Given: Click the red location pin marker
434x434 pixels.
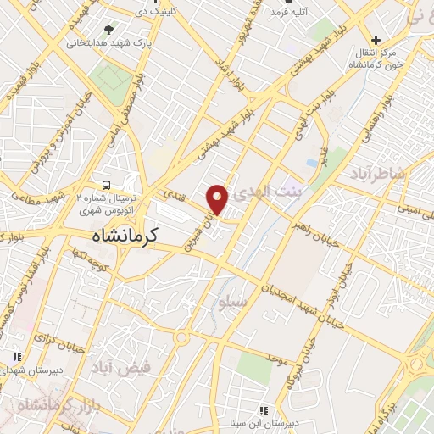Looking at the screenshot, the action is tap(218, 198).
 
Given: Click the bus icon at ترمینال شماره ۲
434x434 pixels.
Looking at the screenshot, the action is tap(106, 184).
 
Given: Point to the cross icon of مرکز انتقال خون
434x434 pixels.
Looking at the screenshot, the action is tap(376, 39).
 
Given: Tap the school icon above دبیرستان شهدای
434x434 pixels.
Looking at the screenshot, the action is tap(14, 358).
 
